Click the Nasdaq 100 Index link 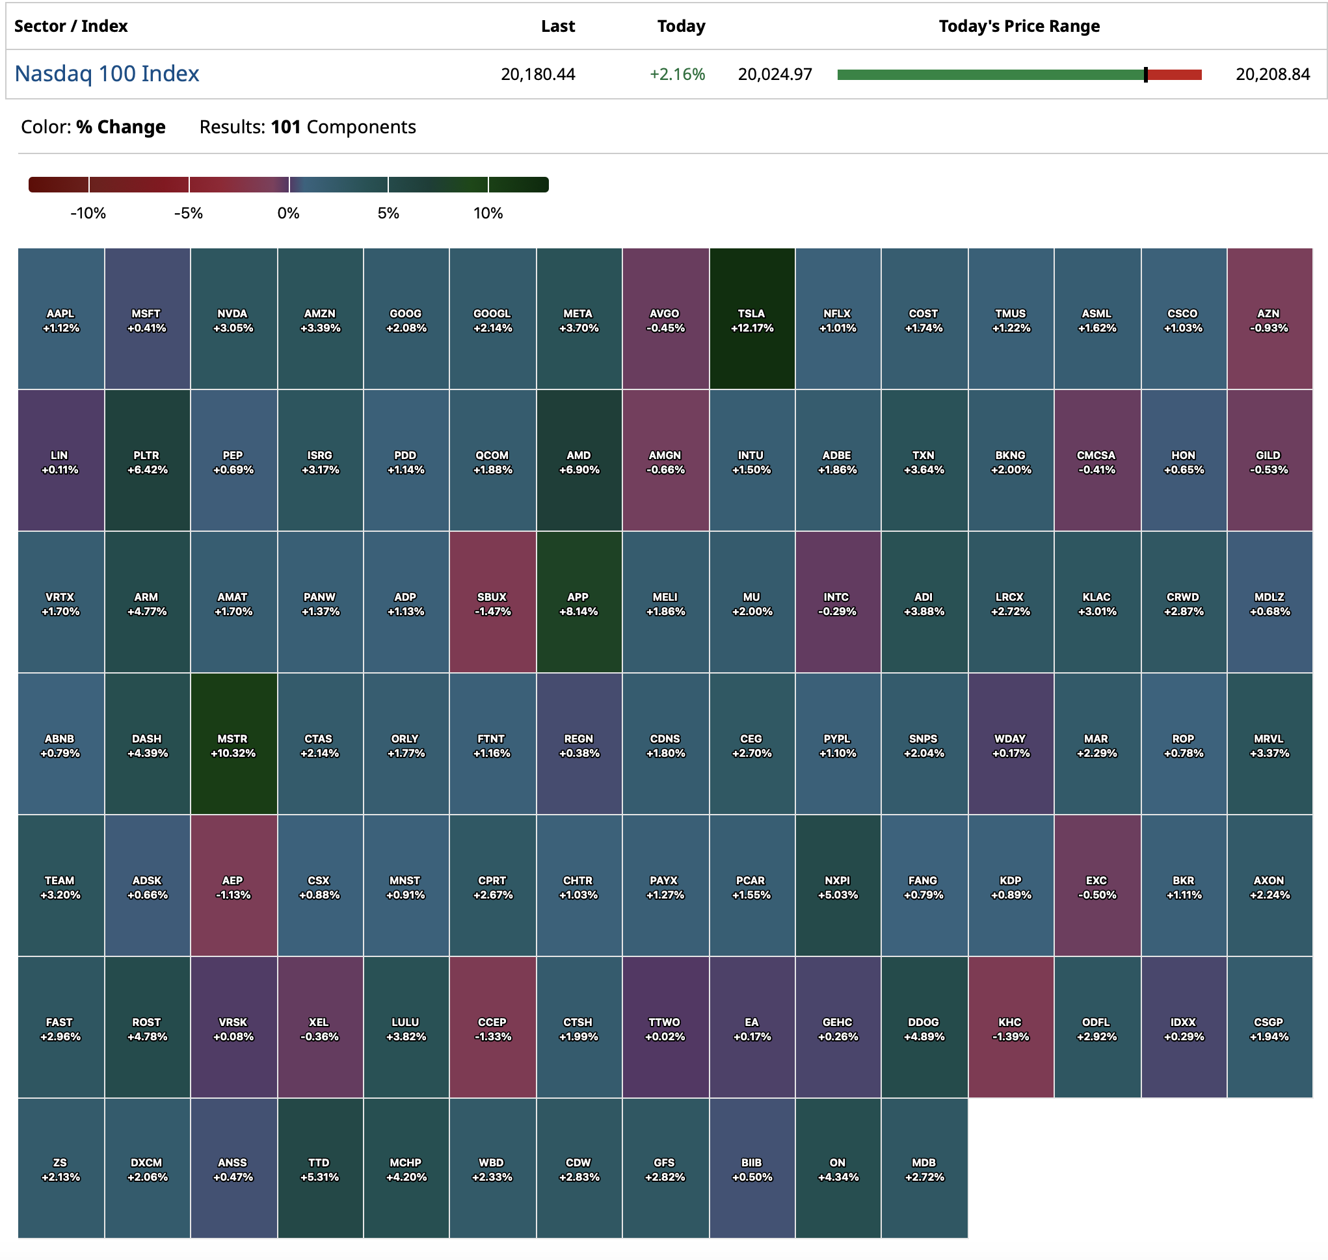(x=107, y=74)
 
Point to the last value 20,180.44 (x=537, y=75)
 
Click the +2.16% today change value (x=676, y=75)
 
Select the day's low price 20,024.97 (x=775, y=75)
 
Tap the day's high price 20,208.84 (x=1272, y=75)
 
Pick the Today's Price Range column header (x=1018, y=26)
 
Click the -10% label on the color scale (x=88, y=214)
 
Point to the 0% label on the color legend (x=288, y=214)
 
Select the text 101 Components (x=343, y=127)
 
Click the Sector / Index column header (x=70, y=26)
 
